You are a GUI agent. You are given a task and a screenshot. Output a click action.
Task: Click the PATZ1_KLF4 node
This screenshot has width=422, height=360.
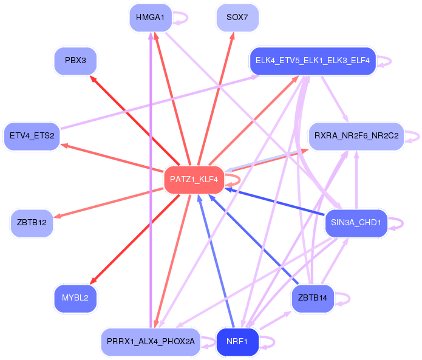(194, 180)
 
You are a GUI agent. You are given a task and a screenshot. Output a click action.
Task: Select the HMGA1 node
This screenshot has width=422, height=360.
(150, 17)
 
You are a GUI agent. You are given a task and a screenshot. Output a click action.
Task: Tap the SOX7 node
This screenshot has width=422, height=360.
(237, 18)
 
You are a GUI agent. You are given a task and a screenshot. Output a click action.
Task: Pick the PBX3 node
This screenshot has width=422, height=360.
(75, 62)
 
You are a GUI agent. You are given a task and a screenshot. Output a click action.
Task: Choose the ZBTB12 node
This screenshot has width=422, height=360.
(32, 223)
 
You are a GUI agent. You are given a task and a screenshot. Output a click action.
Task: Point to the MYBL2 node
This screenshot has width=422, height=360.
(75, 298)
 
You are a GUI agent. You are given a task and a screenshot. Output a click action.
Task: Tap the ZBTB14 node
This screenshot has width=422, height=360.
(313, 298)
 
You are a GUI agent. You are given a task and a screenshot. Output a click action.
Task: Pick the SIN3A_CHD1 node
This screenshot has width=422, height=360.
(356, 223)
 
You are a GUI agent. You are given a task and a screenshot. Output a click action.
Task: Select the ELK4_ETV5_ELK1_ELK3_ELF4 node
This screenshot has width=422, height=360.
(313, 61)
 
